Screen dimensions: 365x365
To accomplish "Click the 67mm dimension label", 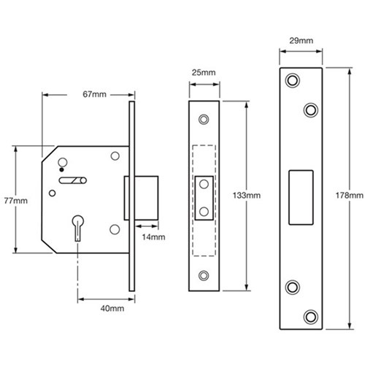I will (89, 94).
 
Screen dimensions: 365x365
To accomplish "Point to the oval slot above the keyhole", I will (73, 180).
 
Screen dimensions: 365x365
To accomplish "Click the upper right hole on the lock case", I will (115, 156).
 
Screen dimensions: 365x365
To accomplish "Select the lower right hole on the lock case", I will (115, 230).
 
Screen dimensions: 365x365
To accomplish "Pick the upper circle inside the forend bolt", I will (203, 183).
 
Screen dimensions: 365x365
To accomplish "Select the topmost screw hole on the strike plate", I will (293, 79).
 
